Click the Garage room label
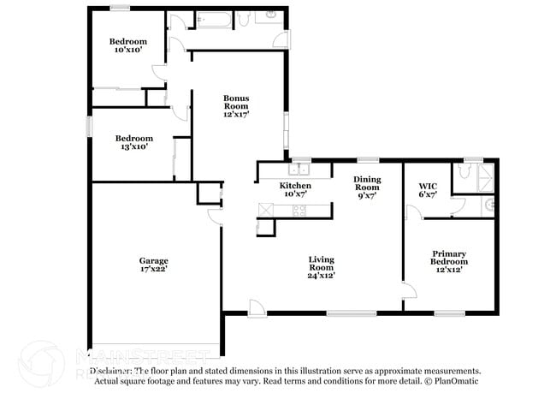click(x=154, y=260)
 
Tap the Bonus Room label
click(x=237, y=98)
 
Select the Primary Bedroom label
click(x=448, y=253)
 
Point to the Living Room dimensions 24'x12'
click(x=322, y=275)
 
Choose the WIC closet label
click(x=428, y=186)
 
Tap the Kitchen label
click(x=295, y=186)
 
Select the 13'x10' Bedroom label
click(x=134, y=139)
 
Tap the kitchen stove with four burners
click(x=299, y=210)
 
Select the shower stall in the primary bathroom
click(x=485, y=179)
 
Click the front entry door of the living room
click(x=256, y=307)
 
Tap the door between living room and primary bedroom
click(x=408, y=291)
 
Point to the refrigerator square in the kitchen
click(x=264, y=226)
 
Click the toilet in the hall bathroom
click(x=243, y=17)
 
